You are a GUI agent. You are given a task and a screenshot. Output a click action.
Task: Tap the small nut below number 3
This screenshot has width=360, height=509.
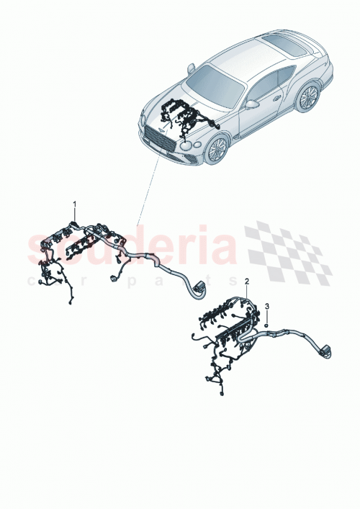click(267, 325)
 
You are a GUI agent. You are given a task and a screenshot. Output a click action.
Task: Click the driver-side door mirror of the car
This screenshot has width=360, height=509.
click(252, 103)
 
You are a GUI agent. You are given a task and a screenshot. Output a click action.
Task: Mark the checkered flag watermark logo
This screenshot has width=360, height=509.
click(288, 248)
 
